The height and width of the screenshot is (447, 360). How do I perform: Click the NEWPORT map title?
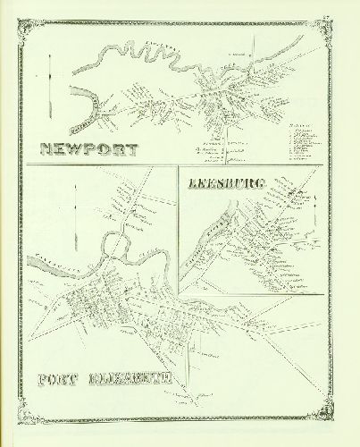click(88, 149)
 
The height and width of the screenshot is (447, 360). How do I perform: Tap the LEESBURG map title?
click(226, 184)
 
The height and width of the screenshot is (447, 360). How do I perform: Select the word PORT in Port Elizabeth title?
click(60, 378)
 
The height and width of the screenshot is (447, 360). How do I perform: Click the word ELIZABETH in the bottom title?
click(125, 378)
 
